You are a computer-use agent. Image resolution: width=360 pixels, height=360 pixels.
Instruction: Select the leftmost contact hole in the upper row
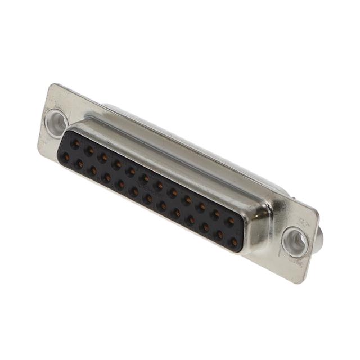coord(75,144)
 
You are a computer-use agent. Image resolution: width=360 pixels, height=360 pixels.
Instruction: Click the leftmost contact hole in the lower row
coord(66,157)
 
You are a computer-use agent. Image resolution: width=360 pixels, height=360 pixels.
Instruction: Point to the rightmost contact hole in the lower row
coord(233,242)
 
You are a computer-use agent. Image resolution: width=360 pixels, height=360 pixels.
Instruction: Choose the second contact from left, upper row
coord(89,151)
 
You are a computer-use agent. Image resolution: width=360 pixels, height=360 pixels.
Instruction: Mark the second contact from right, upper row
coord(215,214)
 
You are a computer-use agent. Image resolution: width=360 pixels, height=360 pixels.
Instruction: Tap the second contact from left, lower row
coord(79,164)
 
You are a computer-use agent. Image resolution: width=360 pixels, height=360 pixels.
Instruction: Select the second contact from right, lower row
coord(219,235)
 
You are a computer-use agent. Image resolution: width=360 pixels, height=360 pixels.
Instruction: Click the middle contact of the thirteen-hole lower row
coord(148,199)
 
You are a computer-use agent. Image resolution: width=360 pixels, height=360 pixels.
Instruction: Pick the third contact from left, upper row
coord(103,157)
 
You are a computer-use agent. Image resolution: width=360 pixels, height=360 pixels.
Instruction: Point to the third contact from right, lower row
coord(205,228)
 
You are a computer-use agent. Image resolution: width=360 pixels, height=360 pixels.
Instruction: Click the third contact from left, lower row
coord(93,170)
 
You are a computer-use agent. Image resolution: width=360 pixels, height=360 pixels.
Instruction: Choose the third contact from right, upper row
coord(201,206)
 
